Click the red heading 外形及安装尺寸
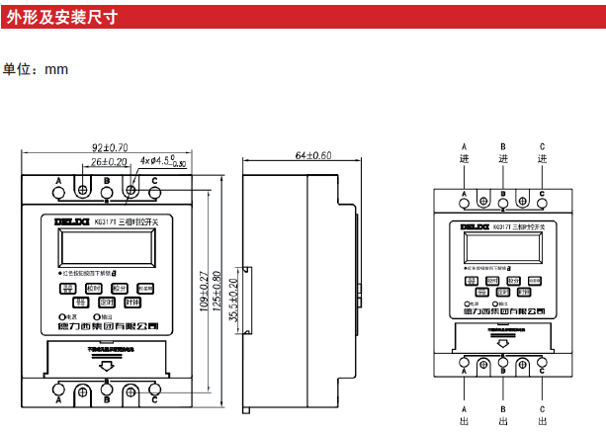click(61, 16)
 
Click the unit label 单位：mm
click(35, 70)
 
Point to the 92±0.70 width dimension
click(104, 148)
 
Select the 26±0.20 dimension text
click(109, 162)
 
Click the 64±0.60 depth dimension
click(312, 155)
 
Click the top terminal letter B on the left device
click(107, 181)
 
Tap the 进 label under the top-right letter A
click(465, 159)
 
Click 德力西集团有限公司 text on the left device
click(109, 327)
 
